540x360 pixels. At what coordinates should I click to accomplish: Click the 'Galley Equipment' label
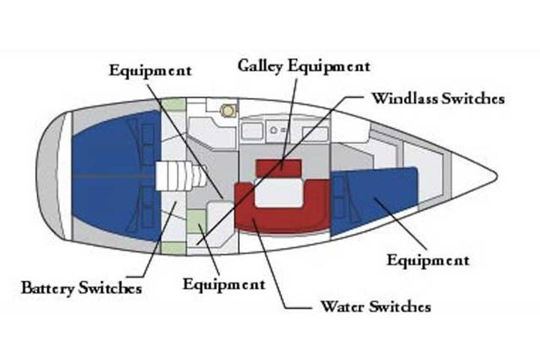point(304,65)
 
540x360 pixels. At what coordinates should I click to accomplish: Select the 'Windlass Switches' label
point(438,98)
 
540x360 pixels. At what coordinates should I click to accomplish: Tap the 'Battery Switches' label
point(81,287)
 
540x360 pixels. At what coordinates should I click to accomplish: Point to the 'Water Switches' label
point(375,307)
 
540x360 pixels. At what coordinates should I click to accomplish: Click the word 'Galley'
point(260,65)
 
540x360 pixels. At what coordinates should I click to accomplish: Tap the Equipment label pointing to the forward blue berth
point(427,260)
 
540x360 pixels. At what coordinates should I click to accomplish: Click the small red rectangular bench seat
point(278,167)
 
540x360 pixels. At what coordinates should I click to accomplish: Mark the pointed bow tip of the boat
point(494,177)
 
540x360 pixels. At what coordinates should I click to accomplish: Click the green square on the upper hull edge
point(173,104)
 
